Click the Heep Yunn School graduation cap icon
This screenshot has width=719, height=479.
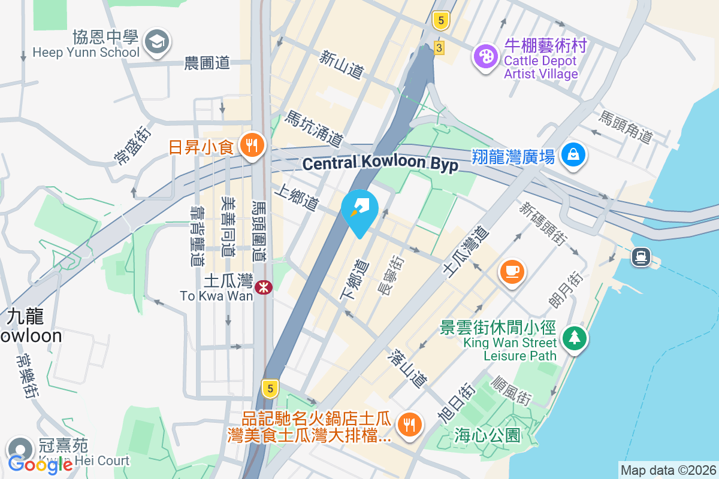(157, 41)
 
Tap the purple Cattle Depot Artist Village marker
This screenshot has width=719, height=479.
(486, 57)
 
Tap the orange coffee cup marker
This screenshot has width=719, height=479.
(512, 271)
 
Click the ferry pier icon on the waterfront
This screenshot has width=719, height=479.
(641, 257)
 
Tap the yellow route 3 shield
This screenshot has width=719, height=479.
(440, 47)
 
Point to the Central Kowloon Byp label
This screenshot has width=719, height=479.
(380, 163)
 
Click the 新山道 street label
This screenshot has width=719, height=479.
(342, 65)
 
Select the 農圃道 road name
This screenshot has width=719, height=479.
(207, 62)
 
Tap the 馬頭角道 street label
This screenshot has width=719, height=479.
(626, 127)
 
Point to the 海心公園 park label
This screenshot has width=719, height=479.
(487, 435)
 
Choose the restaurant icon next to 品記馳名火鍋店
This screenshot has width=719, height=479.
(410, 425)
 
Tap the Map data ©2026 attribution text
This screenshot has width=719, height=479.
(668, 471)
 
